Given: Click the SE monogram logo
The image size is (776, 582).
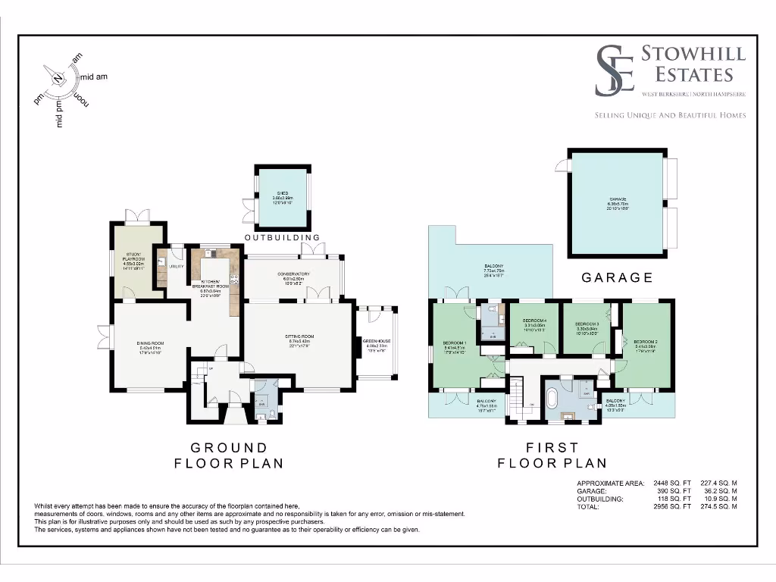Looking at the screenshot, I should click(614, 70).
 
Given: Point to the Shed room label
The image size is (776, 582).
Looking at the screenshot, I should click(283, 196).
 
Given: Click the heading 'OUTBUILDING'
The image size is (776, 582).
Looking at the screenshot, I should click(283, 238).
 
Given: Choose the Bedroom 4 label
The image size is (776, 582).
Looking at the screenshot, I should click(534, 325).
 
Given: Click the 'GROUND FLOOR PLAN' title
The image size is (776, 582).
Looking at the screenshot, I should click(221, 455).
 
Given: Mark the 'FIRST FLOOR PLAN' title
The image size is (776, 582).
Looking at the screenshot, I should click(552, 455).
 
